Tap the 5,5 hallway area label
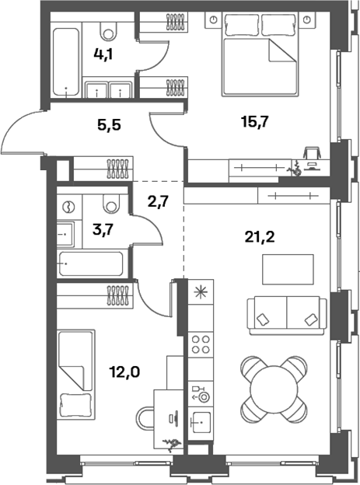pyautogui.click(x=109, y=123)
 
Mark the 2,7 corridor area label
pyautogui.click(x=158, y=202)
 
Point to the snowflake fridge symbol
pyautogui.click(x=200, y=292)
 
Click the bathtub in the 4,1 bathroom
pyautogui.click(x=66, y=62)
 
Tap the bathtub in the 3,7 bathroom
pyautogui.click(x=90, y=264)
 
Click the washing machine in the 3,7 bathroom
pyautogui.click(x=68, y=207)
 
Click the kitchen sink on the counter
pyautogui.click(x=201, y=423)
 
